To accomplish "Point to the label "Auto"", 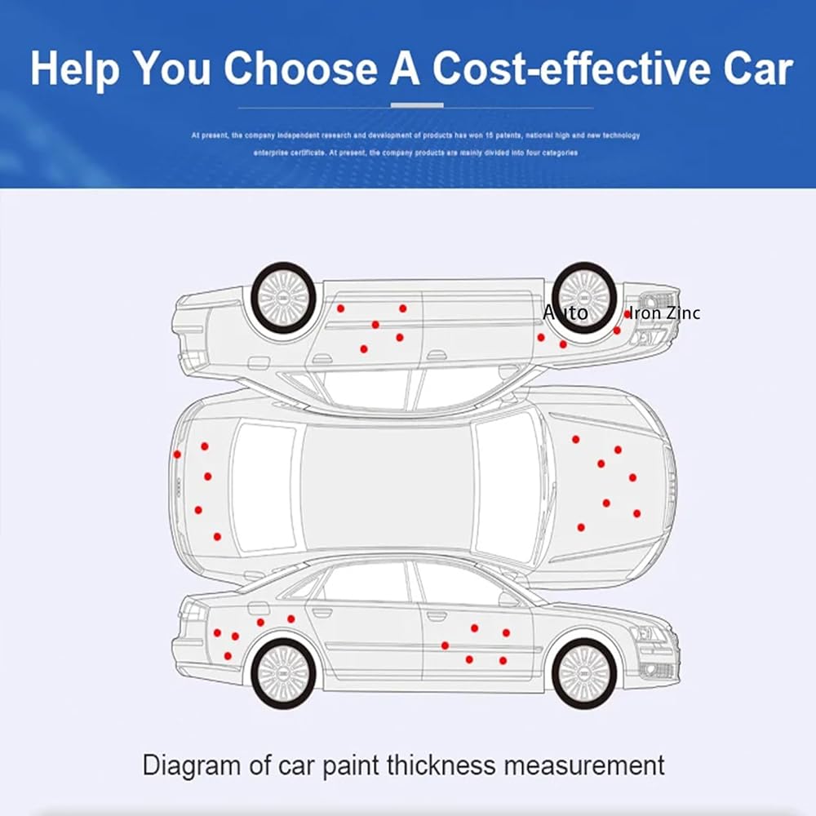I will [565, 313].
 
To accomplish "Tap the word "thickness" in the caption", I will [441, 765].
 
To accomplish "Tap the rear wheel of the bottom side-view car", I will [282, 673].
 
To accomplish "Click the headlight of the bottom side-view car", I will [648, 633].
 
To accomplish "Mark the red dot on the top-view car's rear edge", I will [177, 455].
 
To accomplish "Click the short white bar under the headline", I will [417, 105].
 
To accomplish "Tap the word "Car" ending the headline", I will [756, 69].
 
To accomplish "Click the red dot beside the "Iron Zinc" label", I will [628, 314].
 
